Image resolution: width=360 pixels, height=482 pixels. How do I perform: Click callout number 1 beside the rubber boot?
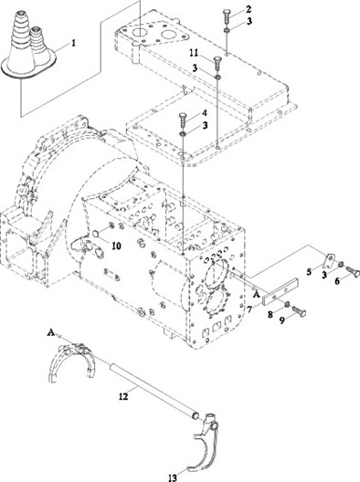[73, 43]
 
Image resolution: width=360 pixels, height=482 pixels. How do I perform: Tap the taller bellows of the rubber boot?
[21, 40]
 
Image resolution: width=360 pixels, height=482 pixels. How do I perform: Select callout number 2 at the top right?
[249, 9]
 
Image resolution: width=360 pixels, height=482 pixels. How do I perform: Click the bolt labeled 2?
[227, 16]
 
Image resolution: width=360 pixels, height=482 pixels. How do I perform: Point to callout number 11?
[194, 53]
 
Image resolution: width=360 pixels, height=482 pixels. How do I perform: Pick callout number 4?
[205, 113]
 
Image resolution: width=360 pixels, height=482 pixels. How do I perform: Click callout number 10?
[116, 246]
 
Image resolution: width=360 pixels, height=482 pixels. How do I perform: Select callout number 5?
[309, 272]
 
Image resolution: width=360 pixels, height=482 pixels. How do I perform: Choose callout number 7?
[249, 309]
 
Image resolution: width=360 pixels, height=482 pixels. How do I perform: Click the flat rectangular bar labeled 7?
[281, 291]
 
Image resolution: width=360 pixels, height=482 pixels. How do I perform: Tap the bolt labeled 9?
[299, 310]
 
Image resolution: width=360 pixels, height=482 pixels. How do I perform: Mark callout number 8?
[270, 314]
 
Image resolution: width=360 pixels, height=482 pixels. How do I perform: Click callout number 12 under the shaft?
[123, 396]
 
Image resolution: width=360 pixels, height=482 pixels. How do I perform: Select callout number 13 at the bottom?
[173, 477]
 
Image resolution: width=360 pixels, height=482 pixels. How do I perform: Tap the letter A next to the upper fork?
[51, 332]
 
